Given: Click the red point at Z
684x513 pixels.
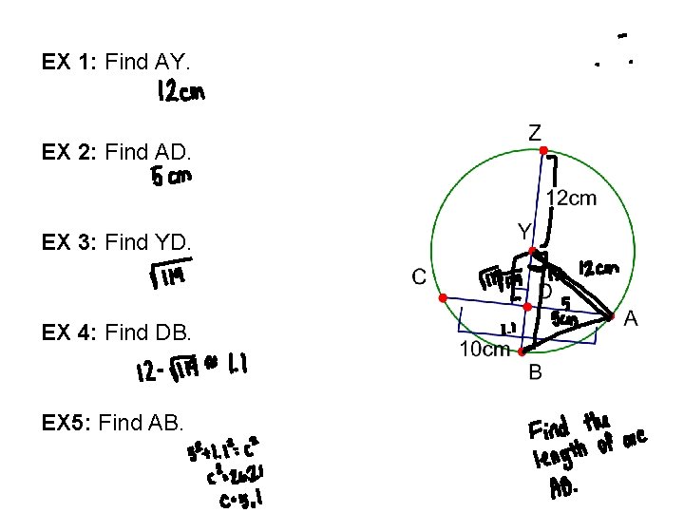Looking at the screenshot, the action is coord(542,151).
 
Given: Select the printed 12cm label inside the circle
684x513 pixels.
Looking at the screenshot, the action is coord(572,198).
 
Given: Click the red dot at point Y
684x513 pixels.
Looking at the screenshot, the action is coord(535,252).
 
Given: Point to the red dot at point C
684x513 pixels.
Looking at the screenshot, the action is coord(443,298).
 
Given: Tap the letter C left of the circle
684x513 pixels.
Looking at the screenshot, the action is coord(418,277).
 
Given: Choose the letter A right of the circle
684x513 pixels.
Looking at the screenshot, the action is coord(630,321).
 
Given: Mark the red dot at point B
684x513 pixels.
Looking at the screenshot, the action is coord(522,351).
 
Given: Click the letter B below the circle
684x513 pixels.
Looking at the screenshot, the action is coord(535,373).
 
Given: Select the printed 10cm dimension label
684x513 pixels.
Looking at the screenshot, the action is coord(484,350).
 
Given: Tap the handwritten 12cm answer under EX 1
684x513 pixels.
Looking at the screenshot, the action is coord(180,93).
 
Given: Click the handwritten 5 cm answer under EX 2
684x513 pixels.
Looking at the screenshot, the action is coord(171,177).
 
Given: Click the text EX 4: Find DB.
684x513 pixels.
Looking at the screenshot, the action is coord(117,332).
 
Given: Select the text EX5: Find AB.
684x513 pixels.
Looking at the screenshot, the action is coord(113,420).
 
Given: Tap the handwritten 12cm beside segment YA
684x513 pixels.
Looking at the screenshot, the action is coord(598,270).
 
